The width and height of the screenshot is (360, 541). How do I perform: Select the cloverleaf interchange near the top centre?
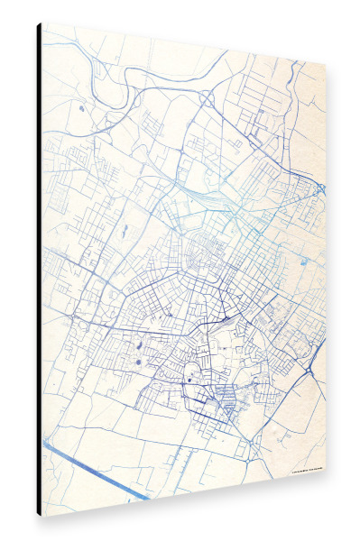click(210, 96)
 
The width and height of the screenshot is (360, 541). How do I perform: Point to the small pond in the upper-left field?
click(80, 108)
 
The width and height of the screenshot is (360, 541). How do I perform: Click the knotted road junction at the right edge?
click(320, 188)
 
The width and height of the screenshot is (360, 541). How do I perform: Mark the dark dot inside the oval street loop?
click(189, 381)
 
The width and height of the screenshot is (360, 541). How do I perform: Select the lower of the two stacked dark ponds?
click(140, 362)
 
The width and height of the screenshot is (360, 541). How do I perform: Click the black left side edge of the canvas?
click(39, 270)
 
